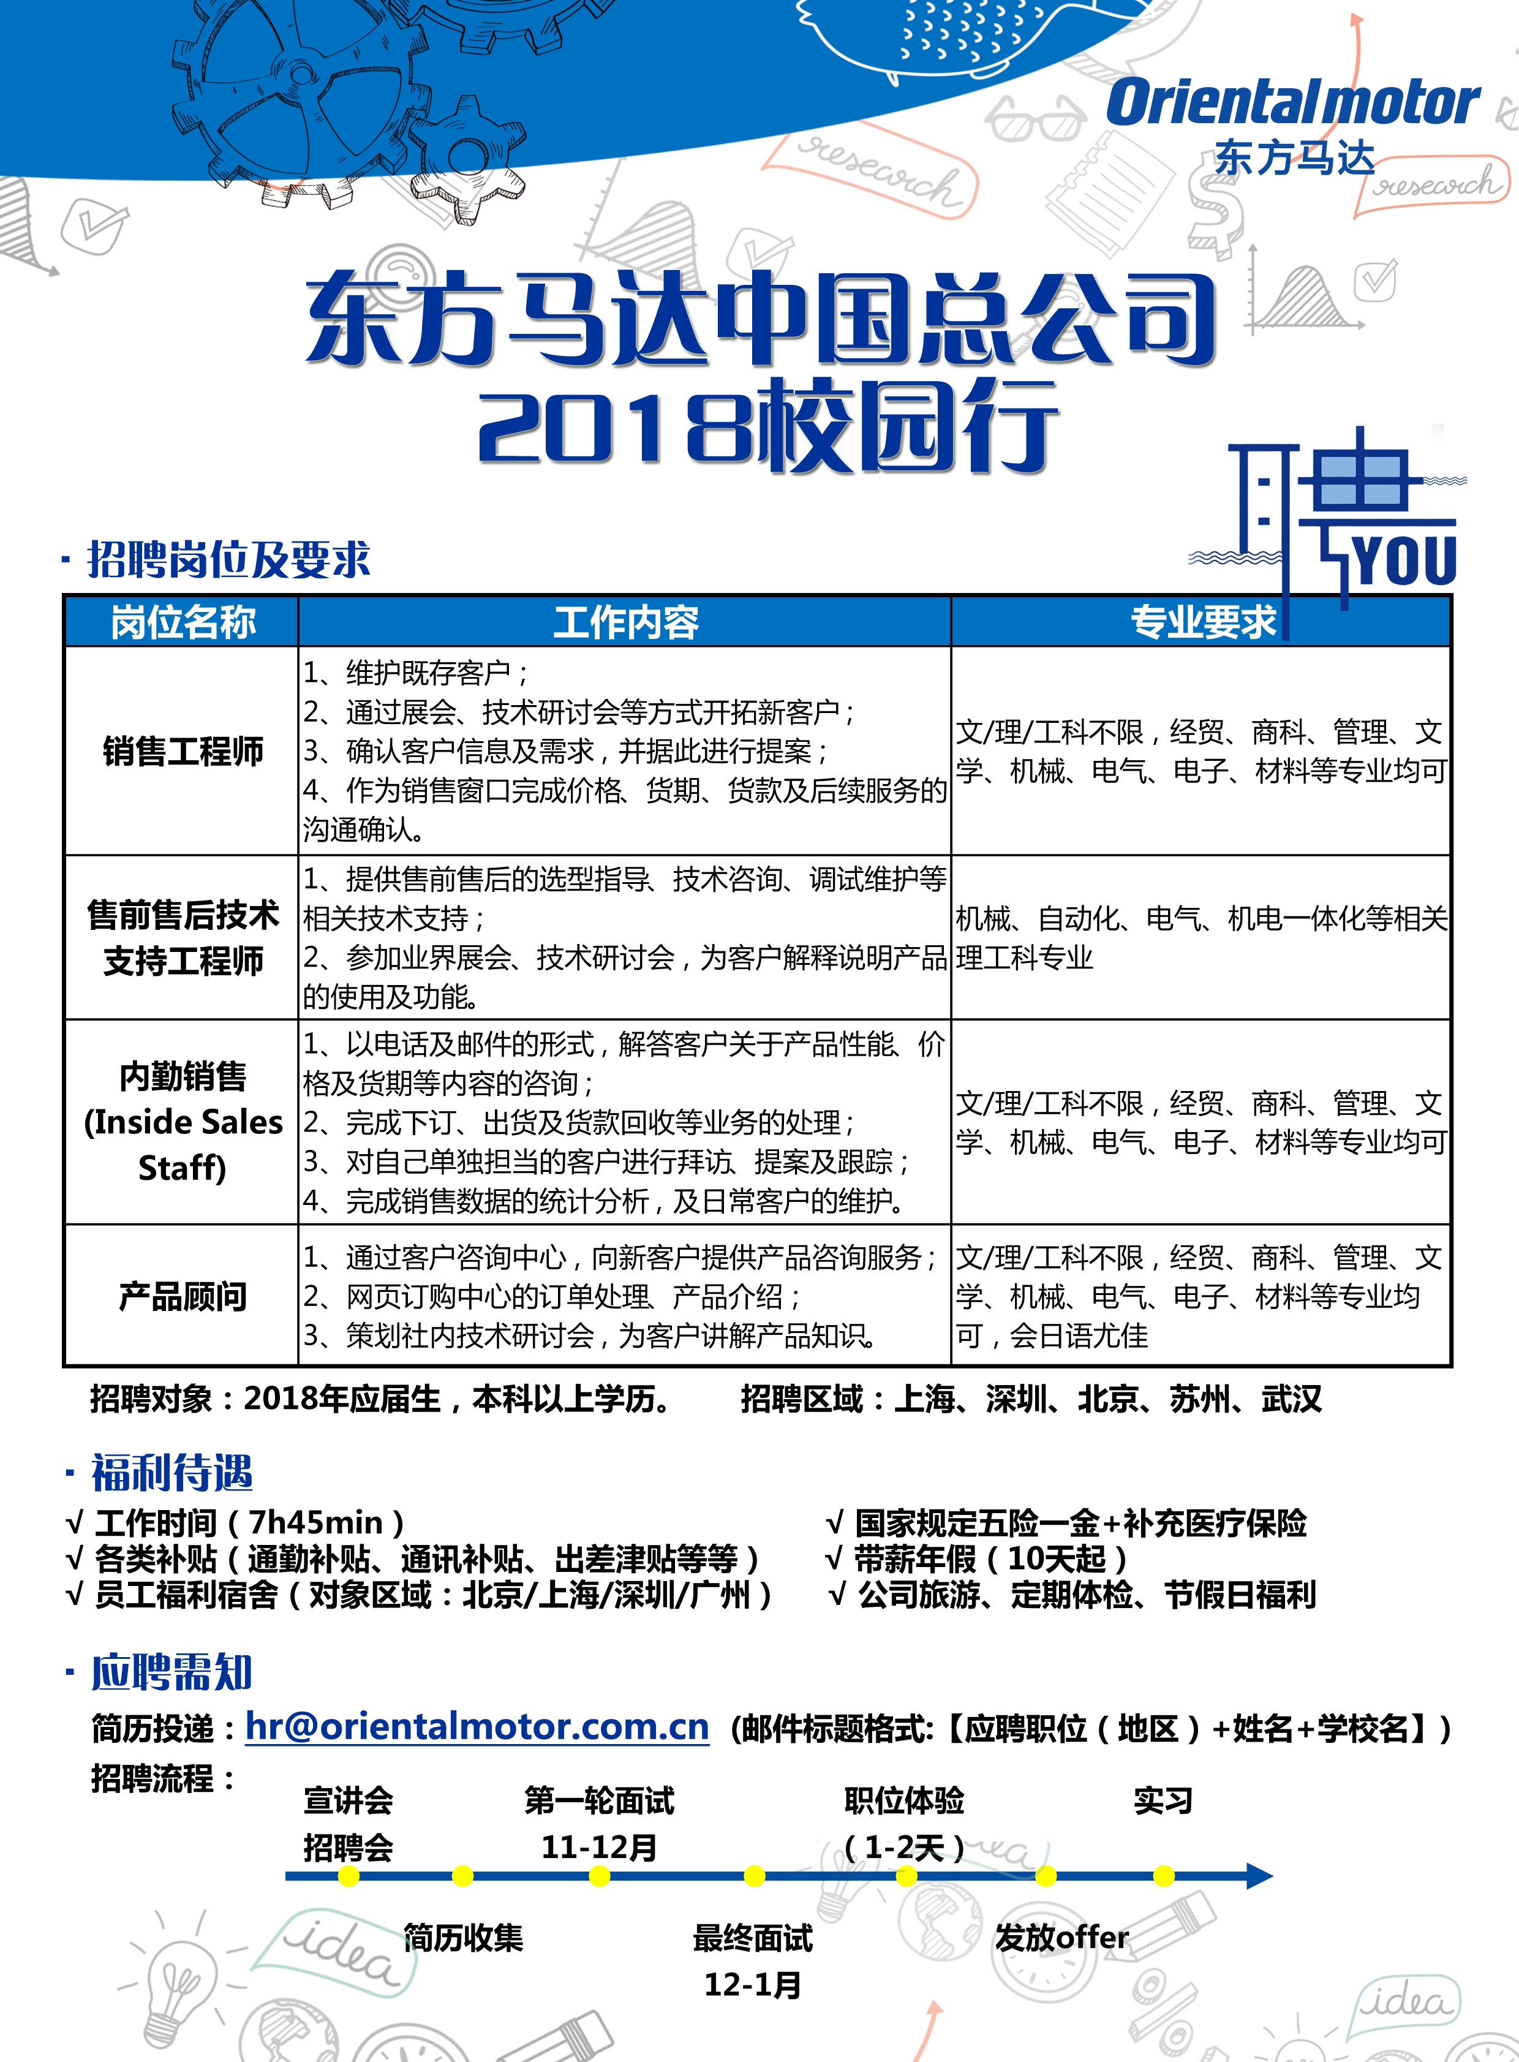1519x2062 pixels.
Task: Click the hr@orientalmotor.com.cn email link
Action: click(477, 1726)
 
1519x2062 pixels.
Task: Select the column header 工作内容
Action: click(625, 622)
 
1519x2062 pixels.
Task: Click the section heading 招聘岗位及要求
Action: click(228, 559)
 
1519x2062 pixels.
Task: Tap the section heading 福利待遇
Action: click(172, 1473)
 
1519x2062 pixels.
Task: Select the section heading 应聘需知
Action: click(172, 1672)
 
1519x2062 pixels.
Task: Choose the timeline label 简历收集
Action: click(462, 1938)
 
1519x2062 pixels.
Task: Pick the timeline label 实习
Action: click(1163, 1800)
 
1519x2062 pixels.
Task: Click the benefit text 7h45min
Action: click(315, 1522)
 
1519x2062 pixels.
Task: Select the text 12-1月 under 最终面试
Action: click(752, 1984)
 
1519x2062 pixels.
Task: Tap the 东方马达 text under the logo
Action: click(1294, 158)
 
